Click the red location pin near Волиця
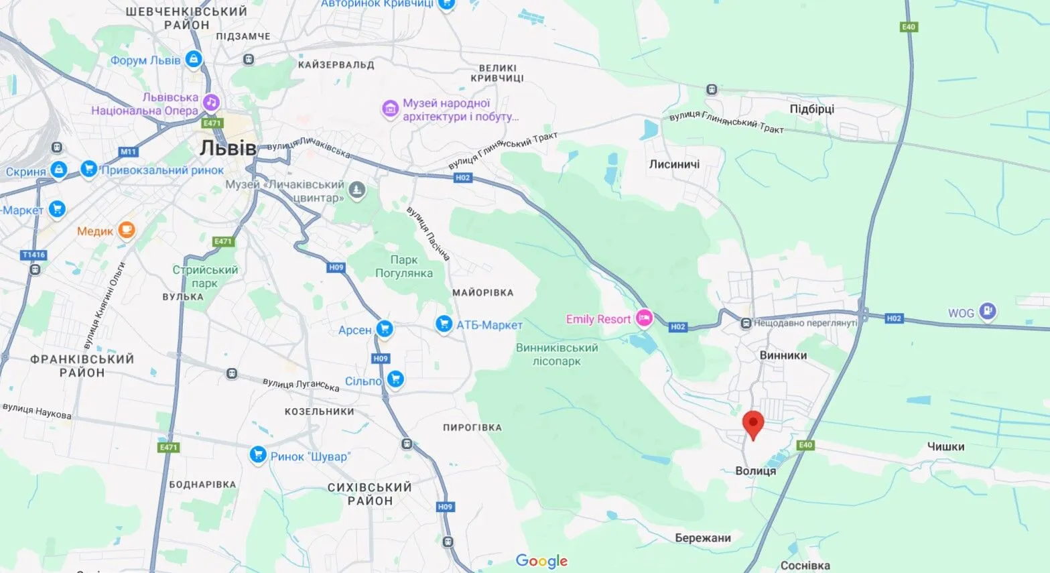point(754,424)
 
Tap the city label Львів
point(228,148)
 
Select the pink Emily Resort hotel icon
point(644,318)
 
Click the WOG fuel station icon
point(987,312)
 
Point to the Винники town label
point(783,355)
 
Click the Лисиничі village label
point(674,164)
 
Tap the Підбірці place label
point(811,109)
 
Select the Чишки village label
point(945,446)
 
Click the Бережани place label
point(703,537)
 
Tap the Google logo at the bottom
point(541,561)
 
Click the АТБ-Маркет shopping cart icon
point(444,324)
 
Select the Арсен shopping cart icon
point(384,329)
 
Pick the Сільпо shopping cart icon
point(395,379)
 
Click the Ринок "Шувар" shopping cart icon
point(258,455)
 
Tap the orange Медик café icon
point(126,231)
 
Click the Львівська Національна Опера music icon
point(211,103)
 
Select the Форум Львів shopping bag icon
point(194,60)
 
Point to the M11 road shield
point(129,152)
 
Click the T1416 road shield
point(34,255)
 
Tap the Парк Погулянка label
point(403,267)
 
